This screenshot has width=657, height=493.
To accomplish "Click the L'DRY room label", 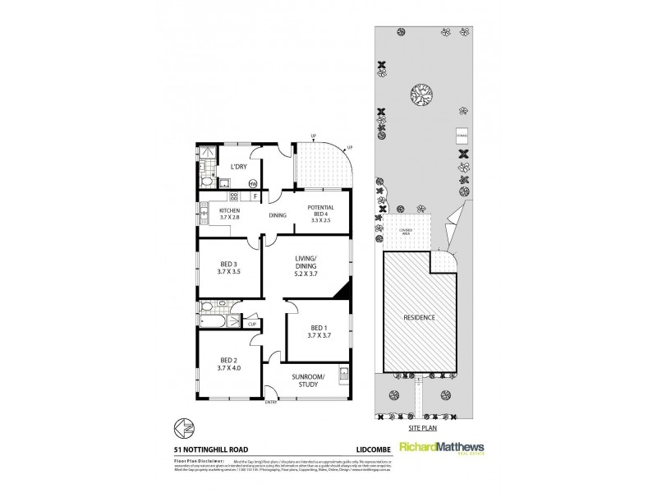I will click(239, 168).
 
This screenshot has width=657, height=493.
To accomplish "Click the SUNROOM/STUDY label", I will click(308, 380).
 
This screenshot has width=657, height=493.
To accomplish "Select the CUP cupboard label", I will click(252, 324).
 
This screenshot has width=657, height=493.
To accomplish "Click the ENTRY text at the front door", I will click(271, 402).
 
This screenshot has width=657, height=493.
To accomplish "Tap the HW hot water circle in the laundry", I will click(253, 183).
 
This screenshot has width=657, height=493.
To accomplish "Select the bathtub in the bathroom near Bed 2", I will click(216, 321).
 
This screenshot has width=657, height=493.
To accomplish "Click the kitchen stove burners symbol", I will click(233, 197).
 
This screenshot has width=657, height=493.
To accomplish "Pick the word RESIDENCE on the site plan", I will click(418, 316).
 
